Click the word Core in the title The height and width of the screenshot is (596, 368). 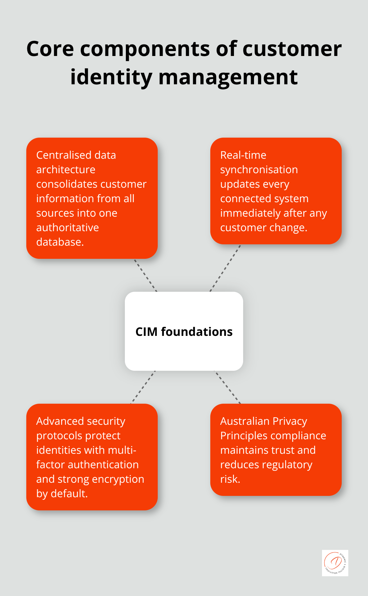coord(50,49)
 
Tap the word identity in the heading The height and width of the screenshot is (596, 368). coord(111,77)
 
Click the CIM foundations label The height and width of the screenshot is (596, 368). coord(184,332)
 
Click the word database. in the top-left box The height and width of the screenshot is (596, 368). coord(60,242)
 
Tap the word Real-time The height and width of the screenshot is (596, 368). coord(243,155)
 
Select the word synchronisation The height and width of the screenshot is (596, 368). coord(259,170)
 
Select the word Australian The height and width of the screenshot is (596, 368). coord(244,421)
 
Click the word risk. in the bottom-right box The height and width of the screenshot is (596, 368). coord(230,479)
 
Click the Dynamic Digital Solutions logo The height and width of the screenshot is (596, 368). coord(335,563)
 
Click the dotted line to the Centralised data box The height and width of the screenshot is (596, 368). coord(146,275)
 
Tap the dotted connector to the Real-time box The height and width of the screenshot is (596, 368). coord(225,268)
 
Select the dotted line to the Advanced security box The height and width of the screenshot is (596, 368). coord(143,387)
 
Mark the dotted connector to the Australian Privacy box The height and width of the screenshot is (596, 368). coord(227,387)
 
